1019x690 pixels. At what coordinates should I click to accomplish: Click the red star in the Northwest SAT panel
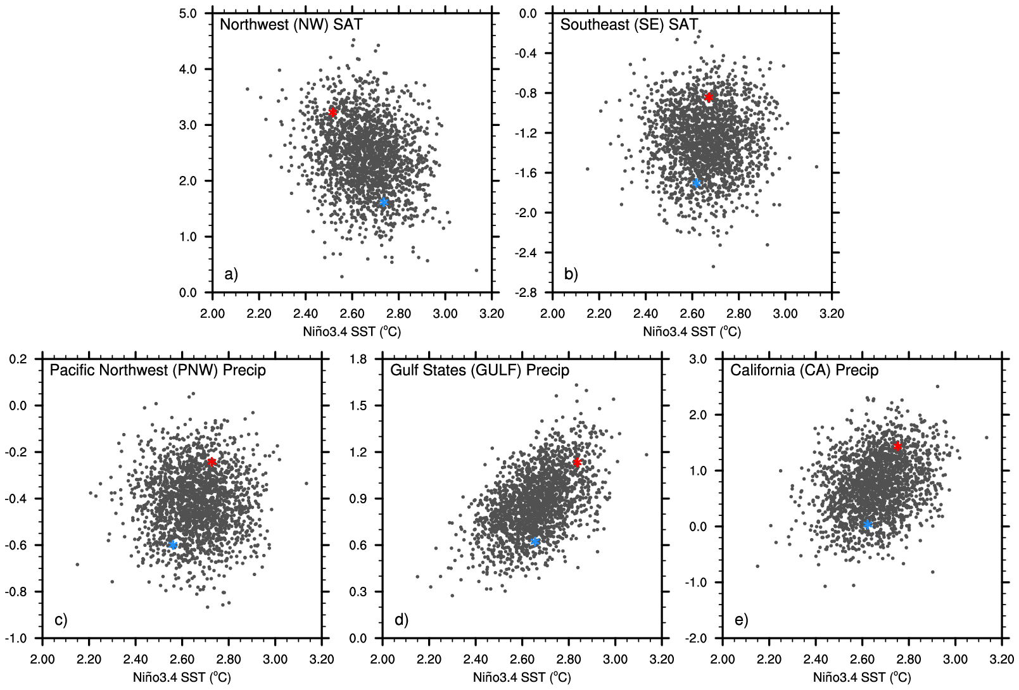coord(332,113)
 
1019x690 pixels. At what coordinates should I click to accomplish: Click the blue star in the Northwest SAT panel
coord(383,203)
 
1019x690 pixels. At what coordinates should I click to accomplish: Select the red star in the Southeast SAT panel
coord(709,97)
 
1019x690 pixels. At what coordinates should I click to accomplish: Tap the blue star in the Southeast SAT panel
coord(696,184)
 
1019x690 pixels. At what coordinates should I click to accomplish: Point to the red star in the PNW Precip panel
coord(212,462)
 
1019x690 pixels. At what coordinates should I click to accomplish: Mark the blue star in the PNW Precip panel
coord(173,545)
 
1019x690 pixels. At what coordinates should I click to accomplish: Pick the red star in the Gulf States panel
coord(577,463)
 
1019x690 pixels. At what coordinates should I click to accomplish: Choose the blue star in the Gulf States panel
coord(535,542)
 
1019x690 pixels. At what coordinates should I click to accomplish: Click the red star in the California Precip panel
coord(897,447)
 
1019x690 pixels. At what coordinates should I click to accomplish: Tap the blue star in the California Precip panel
coord(868,525)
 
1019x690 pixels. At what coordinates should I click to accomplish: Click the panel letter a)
coord(231,274)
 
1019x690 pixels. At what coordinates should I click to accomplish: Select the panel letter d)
coord(401,620)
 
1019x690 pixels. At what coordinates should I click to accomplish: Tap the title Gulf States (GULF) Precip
coord(479,370)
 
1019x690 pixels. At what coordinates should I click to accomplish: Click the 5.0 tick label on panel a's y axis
coord(187,13)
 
